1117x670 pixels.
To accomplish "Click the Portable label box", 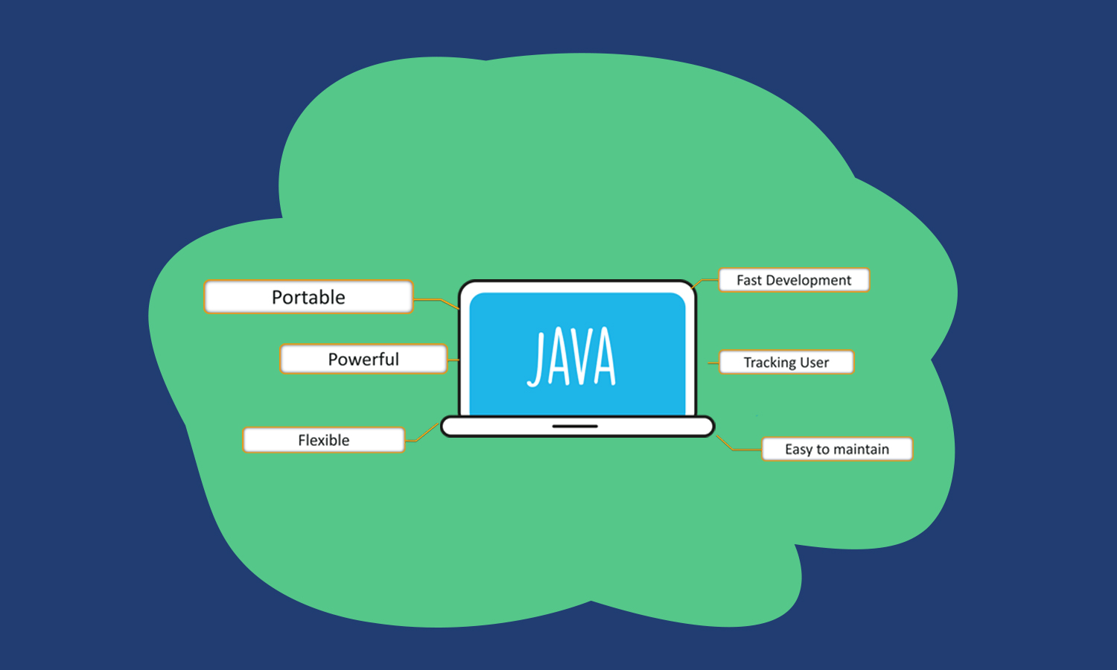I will [x=308, y=297].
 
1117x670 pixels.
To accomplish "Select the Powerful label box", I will [x=363, y=359].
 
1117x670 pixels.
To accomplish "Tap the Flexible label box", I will [x=323, y=440].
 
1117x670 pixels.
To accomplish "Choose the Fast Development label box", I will [x=794, y=281].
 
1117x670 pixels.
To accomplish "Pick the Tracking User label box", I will [x=786, y=363].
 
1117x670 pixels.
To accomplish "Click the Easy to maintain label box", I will [x=836, y=449].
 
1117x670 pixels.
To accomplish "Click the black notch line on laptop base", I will [x=575, y=427].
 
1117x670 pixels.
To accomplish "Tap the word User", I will [x=814, y=363].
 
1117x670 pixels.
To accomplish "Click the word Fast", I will [x=749, y=281].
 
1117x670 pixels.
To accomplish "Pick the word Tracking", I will [x=770, y=363].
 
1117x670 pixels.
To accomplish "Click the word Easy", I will [x=798, y=449].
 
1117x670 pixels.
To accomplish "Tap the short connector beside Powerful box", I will [x=453, y=360].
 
